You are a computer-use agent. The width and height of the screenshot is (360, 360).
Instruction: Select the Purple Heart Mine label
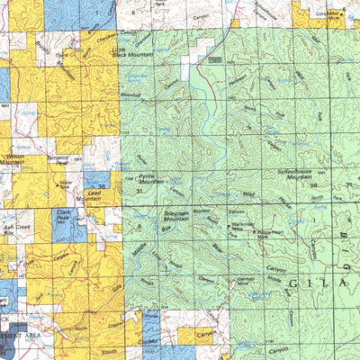coord(272,232)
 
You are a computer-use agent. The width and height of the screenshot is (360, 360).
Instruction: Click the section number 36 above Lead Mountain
coord(103,185)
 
